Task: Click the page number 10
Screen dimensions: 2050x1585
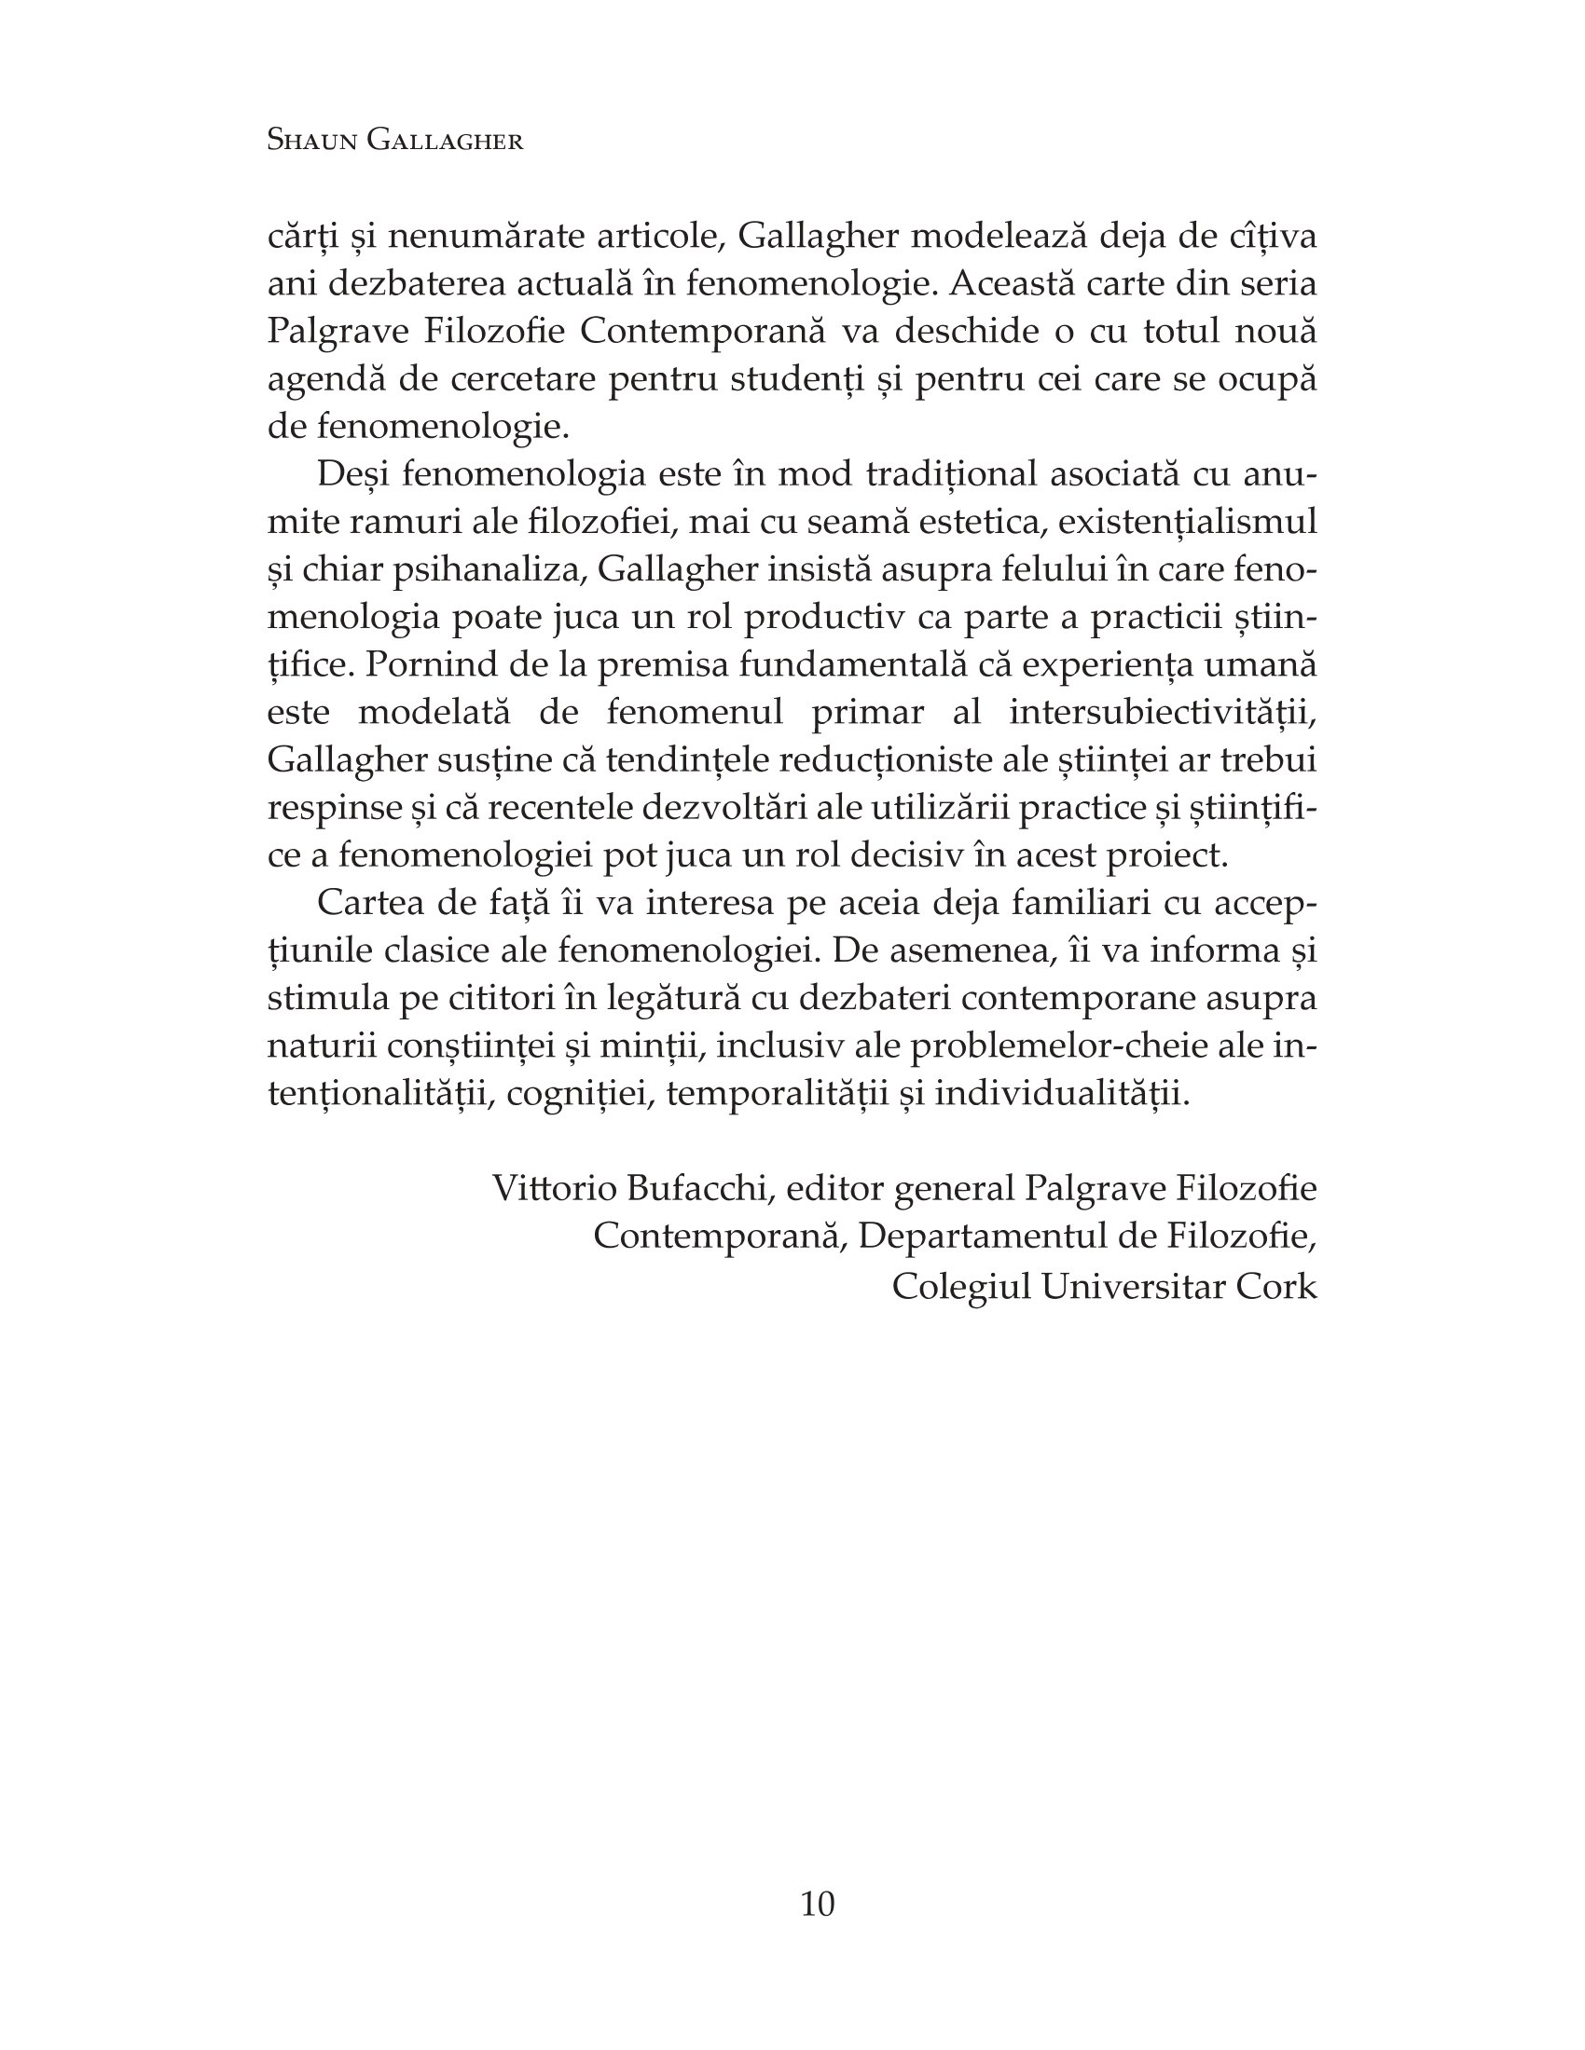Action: tap(817, 1904)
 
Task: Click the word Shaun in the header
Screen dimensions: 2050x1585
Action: tap(310, 140)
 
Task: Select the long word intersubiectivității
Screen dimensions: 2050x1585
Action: tap(1163, 713)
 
